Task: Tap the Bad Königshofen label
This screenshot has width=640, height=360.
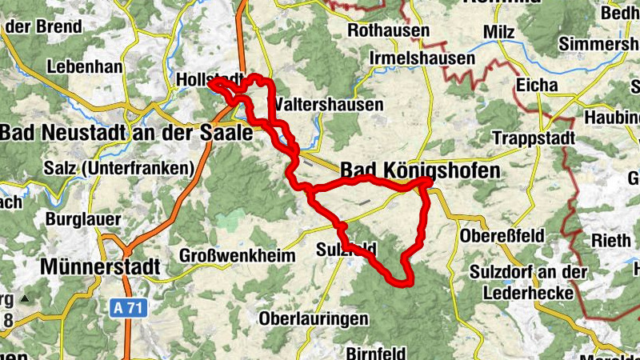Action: (x=420, y=170)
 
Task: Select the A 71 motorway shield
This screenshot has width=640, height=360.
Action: (x=128, y=307)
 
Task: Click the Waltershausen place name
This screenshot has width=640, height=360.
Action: (x=328, y=105)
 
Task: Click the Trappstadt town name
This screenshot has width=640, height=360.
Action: (x=534, y=138)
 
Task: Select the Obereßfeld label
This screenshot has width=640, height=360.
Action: (x=502, y=236)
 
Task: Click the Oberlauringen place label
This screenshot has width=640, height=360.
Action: (x=314, y=318)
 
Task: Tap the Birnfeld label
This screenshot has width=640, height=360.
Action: (x=377, y=352)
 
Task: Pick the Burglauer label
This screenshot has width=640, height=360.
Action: (x=83, y=218)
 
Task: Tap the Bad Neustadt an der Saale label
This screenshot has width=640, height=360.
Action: (x=126, y=132)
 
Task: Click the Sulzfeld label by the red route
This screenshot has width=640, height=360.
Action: (x=346, y=248)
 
